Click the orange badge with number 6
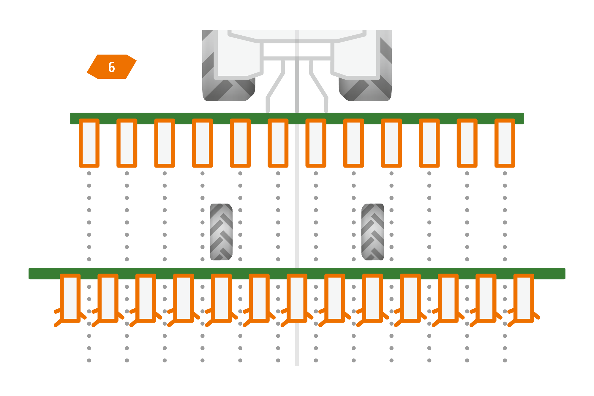click(x=112, y=67)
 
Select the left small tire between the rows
click(x=221, y=232)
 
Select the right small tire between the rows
click(x=372, y=232)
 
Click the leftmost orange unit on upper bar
click(x=89, y=143)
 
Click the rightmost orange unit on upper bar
click(x=505, y=143)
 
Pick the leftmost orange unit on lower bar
click(x=70, y=298)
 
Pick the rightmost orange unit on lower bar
click(x=524, y=298)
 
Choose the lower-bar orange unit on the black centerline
click(x=297, y=298)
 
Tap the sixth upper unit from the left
click(x=278, y=143)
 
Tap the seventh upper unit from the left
click(x=316, y=143)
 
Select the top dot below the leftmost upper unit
click(x=89, y=173)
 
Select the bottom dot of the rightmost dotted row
click(x=505, y=360)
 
